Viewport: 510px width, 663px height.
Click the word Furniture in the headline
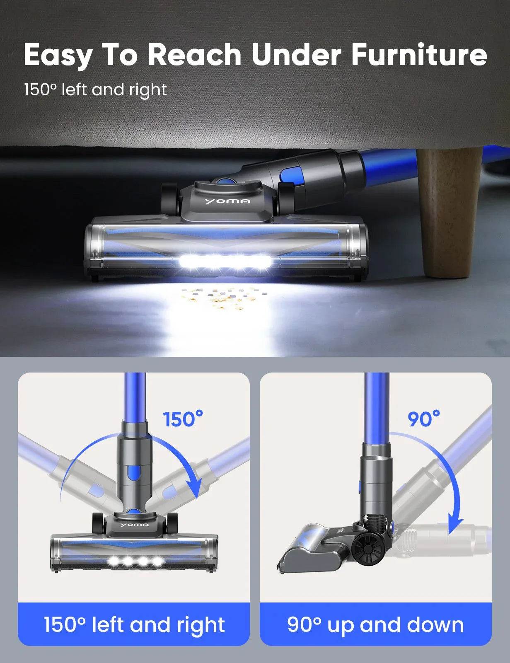pyautogui.click(x=419, y=55)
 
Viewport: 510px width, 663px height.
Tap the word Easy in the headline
pyautogui.click(x=58, y=56)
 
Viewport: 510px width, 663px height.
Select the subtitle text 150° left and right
pyautogui.click(x=95, y=90)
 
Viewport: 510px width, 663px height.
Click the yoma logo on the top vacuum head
pyautogui.click(x=227, y=201)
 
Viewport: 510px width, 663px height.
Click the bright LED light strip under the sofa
pyautogui.click(x=225, y=262)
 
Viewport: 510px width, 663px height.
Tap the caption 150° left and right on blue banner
pyautogui.click(x=134, y=624)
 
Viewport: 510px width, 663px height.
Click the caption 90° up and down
pyautogui.click(x=375, y=624)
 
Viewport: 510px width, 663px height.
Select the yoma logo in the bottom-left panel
pyautogui.click(x=134, y=525)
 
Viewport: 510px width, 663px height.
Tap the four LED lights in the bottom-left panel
pyautogui.click(x=134, y=561)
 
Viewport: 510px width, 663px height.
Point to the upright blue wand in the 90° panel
pyautogui.click(x=377, y=406)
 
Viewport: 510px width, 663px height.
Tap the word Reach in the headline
pyautogui.click(x=194, y=55)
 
